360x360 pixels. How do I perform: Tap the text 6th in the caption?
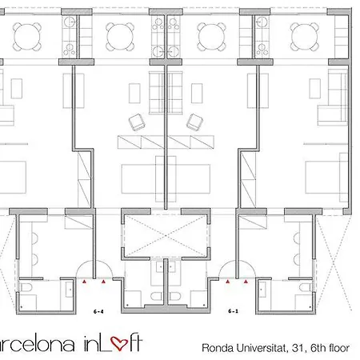click(317, 348)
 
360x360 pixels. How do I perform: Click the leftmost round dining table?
click(28, 34)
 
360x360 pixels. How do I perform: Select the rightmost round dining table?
click(305, 34)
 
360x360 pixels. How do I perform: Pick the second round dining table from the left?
click(121, 34)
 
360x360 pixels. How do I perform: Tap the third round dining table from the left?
click(211, 34)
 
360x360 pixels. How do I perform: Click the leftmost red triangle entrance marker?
click(83, 282)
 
